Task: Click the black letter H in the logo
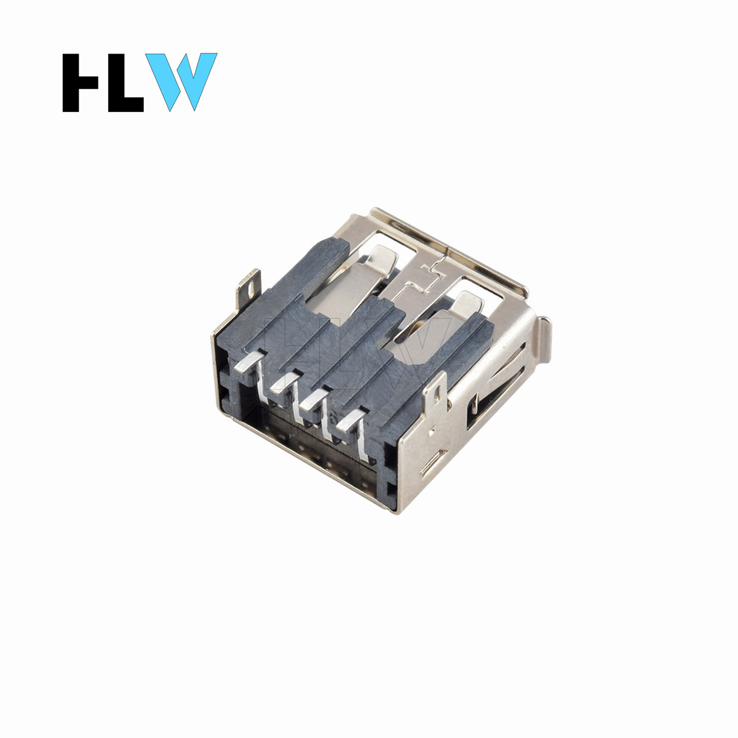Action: tap(81, 83)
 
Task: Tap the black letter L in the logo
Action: tap(125, 83)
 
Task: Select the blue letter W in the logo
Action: tap(181, 82)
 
